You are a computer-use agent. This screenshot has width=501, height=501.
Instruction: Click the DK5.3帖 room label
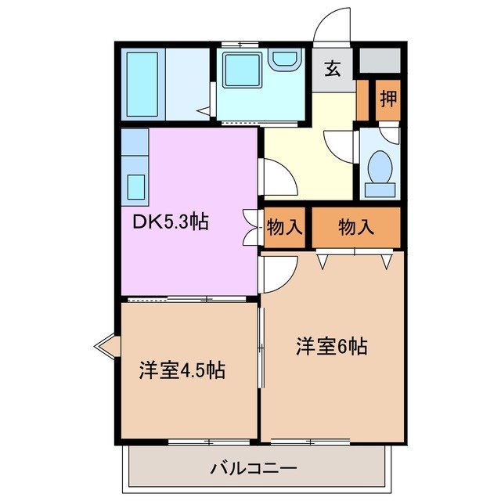(169, 222)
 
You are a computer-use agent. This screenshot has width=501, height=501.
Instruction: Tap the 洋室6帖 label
(331, 345)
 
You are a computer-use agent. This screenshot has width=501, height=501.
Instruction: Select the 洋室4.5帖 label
(182, 369)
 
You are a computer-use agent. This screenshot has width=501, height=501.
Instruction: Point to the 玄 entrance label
(333, 69)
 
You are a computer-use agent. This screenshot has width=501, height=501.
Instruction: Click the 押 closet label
(387, 99)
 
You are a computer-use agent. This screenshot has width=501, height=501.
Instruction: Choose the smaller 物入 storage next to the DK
(284, 227)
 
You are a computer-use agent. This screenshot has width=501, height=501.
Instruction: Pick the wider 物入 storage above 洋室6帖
(356, 227)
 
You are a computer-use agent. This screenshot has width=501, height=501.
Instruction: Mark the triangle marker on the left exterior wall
(106, 344)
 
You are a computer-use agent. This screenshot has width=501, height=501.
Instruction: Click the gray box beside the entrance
(380, 60)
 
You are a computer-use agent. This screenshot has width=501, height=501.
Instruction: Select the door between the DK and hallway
(278, 178)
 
